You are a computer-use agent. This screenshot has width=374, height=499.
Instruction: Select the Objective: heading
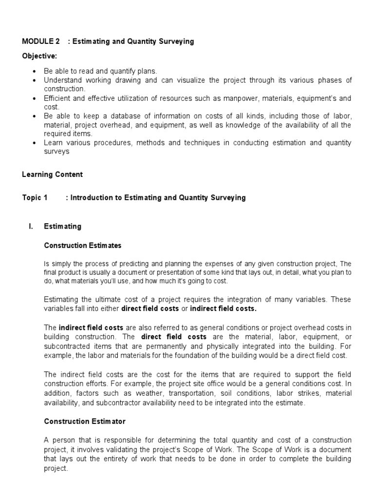pyautogui.click(x=39, y=56)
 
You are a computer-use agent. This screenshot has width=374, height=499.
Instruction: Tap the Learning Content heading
pyautogui.click(x=53, y=174)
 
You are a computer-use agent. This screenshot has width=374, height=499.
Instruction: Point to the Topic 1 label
pyautogui.click(x=35, y=198)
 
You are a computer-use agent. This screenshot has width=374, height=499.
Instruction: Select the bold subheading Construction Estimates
pyautogui.click(x=83, y=245)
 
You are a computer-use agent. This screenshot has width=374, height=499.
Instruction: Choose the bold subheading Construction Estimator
pyautogui.click(x=85, y=421)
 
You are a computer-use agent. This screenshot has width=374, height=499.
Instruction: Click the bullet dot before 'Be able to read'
pyautogui.click(x=34, y=71)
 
